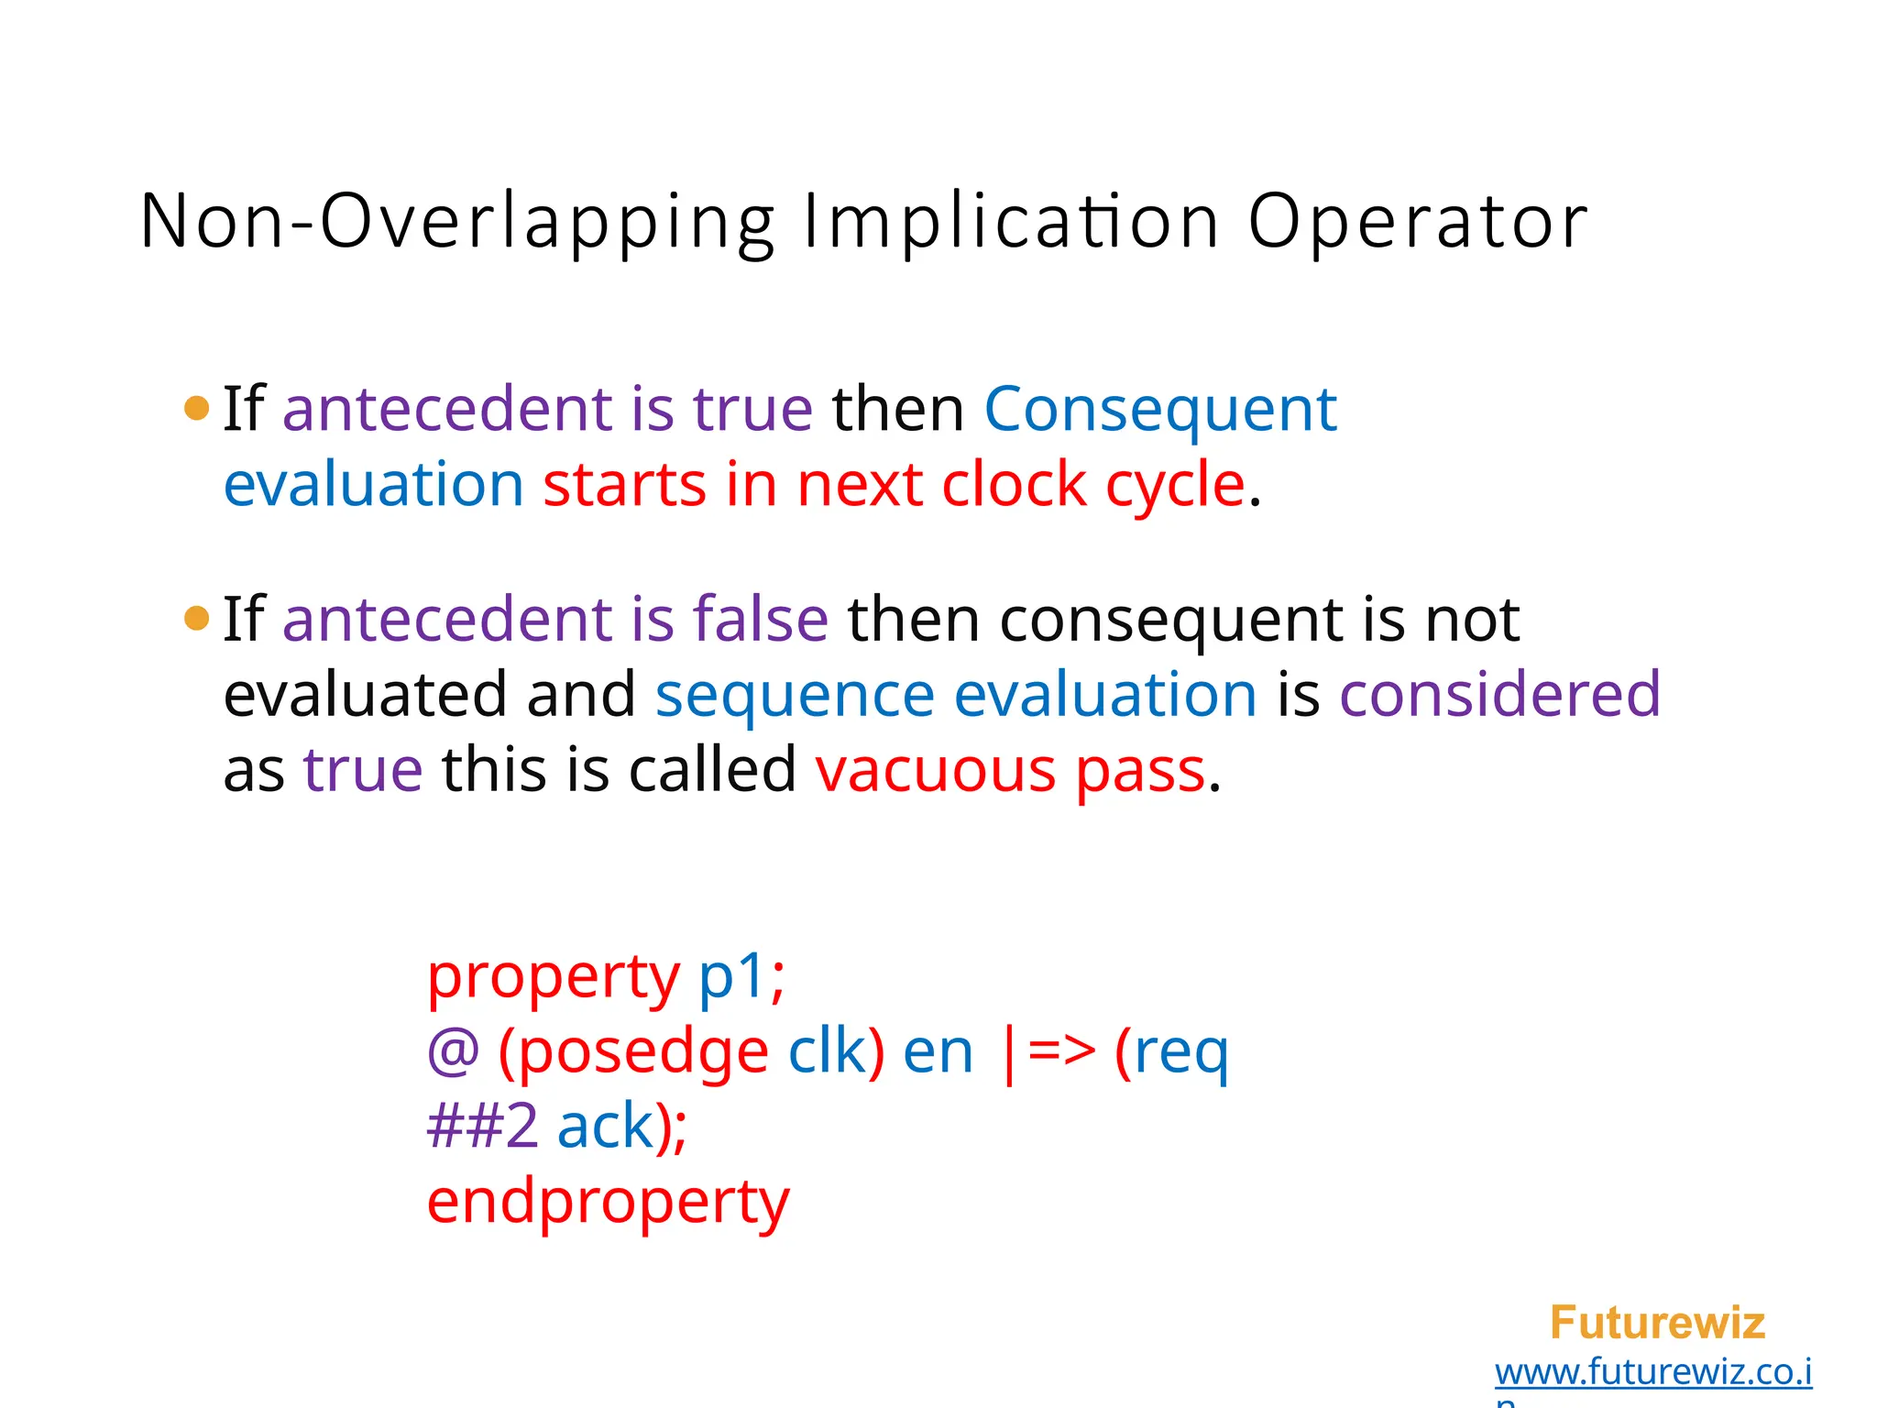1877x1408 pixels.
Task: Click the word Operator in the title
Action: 1417,223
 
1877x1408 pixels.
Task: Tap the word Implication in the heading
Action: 1011,223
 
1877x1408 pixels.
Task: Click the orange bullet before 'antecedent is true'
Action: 196,408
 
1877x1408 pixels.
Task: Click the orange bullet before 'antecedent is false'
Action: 196,618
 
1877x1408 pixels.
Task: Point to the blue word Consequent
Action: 1160,409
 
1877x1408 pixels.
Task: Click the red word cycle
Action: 1175,484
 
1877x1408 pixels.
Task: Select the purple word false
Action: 761,619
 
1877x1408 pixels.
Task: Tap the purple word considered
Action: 1500,694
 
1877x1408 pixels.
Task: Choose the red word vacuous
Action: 935,769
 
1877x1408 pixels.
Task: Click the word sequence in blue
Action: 795,694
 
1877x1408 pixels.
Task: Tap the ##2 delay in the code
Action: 482,1127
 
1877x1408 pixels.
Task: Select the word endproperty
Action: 608,1202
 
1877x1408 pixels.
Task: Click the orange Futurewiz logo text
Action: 1657,1323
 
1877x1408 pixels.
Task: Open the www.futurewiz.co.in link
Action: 1652,1372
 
